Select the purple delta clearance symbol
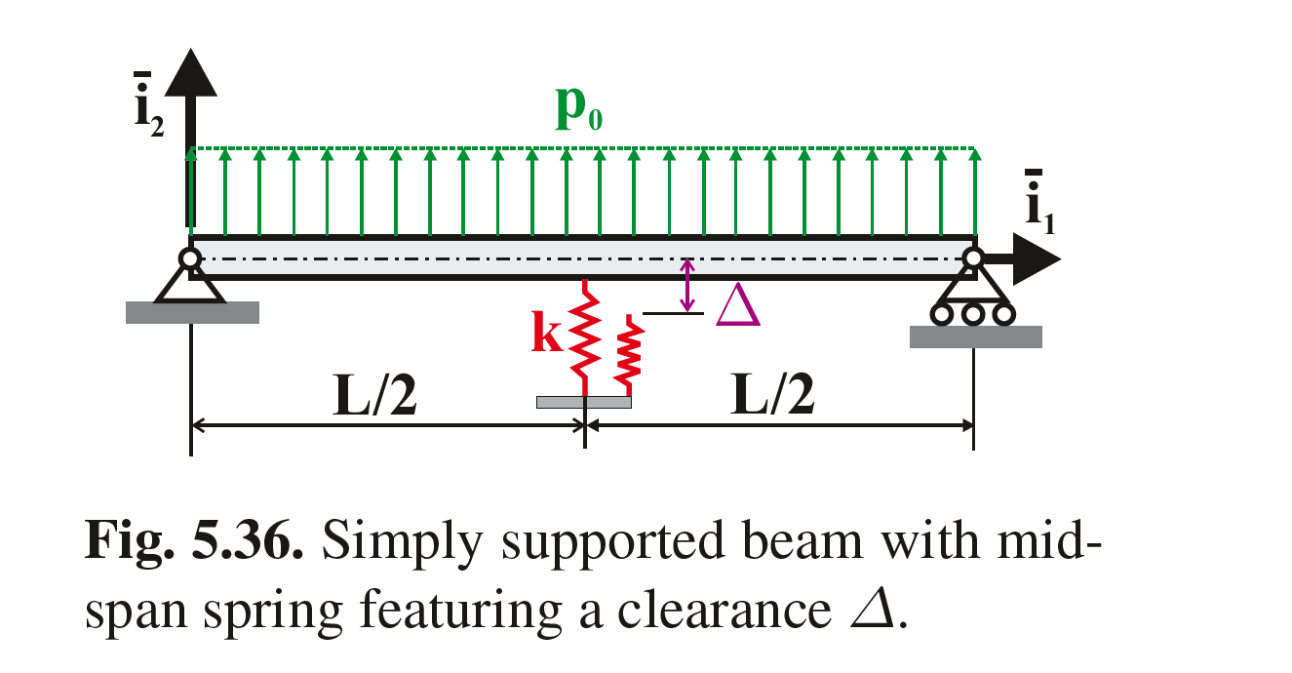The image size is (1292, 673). tap(736, 307)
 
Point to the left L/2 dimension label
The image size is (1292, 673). tap(374, 396)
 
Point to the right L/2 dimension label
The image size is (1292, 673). tap(772, 396)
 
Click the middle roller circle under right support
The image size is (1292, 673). tap(973, 314)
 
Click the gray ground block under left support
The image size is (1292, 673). tap(192, 312)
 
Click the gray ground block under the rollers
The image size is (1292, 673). tap(975, 336)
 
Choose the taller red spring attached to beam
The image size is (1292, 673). tap(584, 332)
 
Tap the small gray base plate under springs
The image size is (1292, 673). tap(584, 402)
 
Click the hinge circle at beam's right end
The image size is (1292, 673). tap(973, 258)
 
